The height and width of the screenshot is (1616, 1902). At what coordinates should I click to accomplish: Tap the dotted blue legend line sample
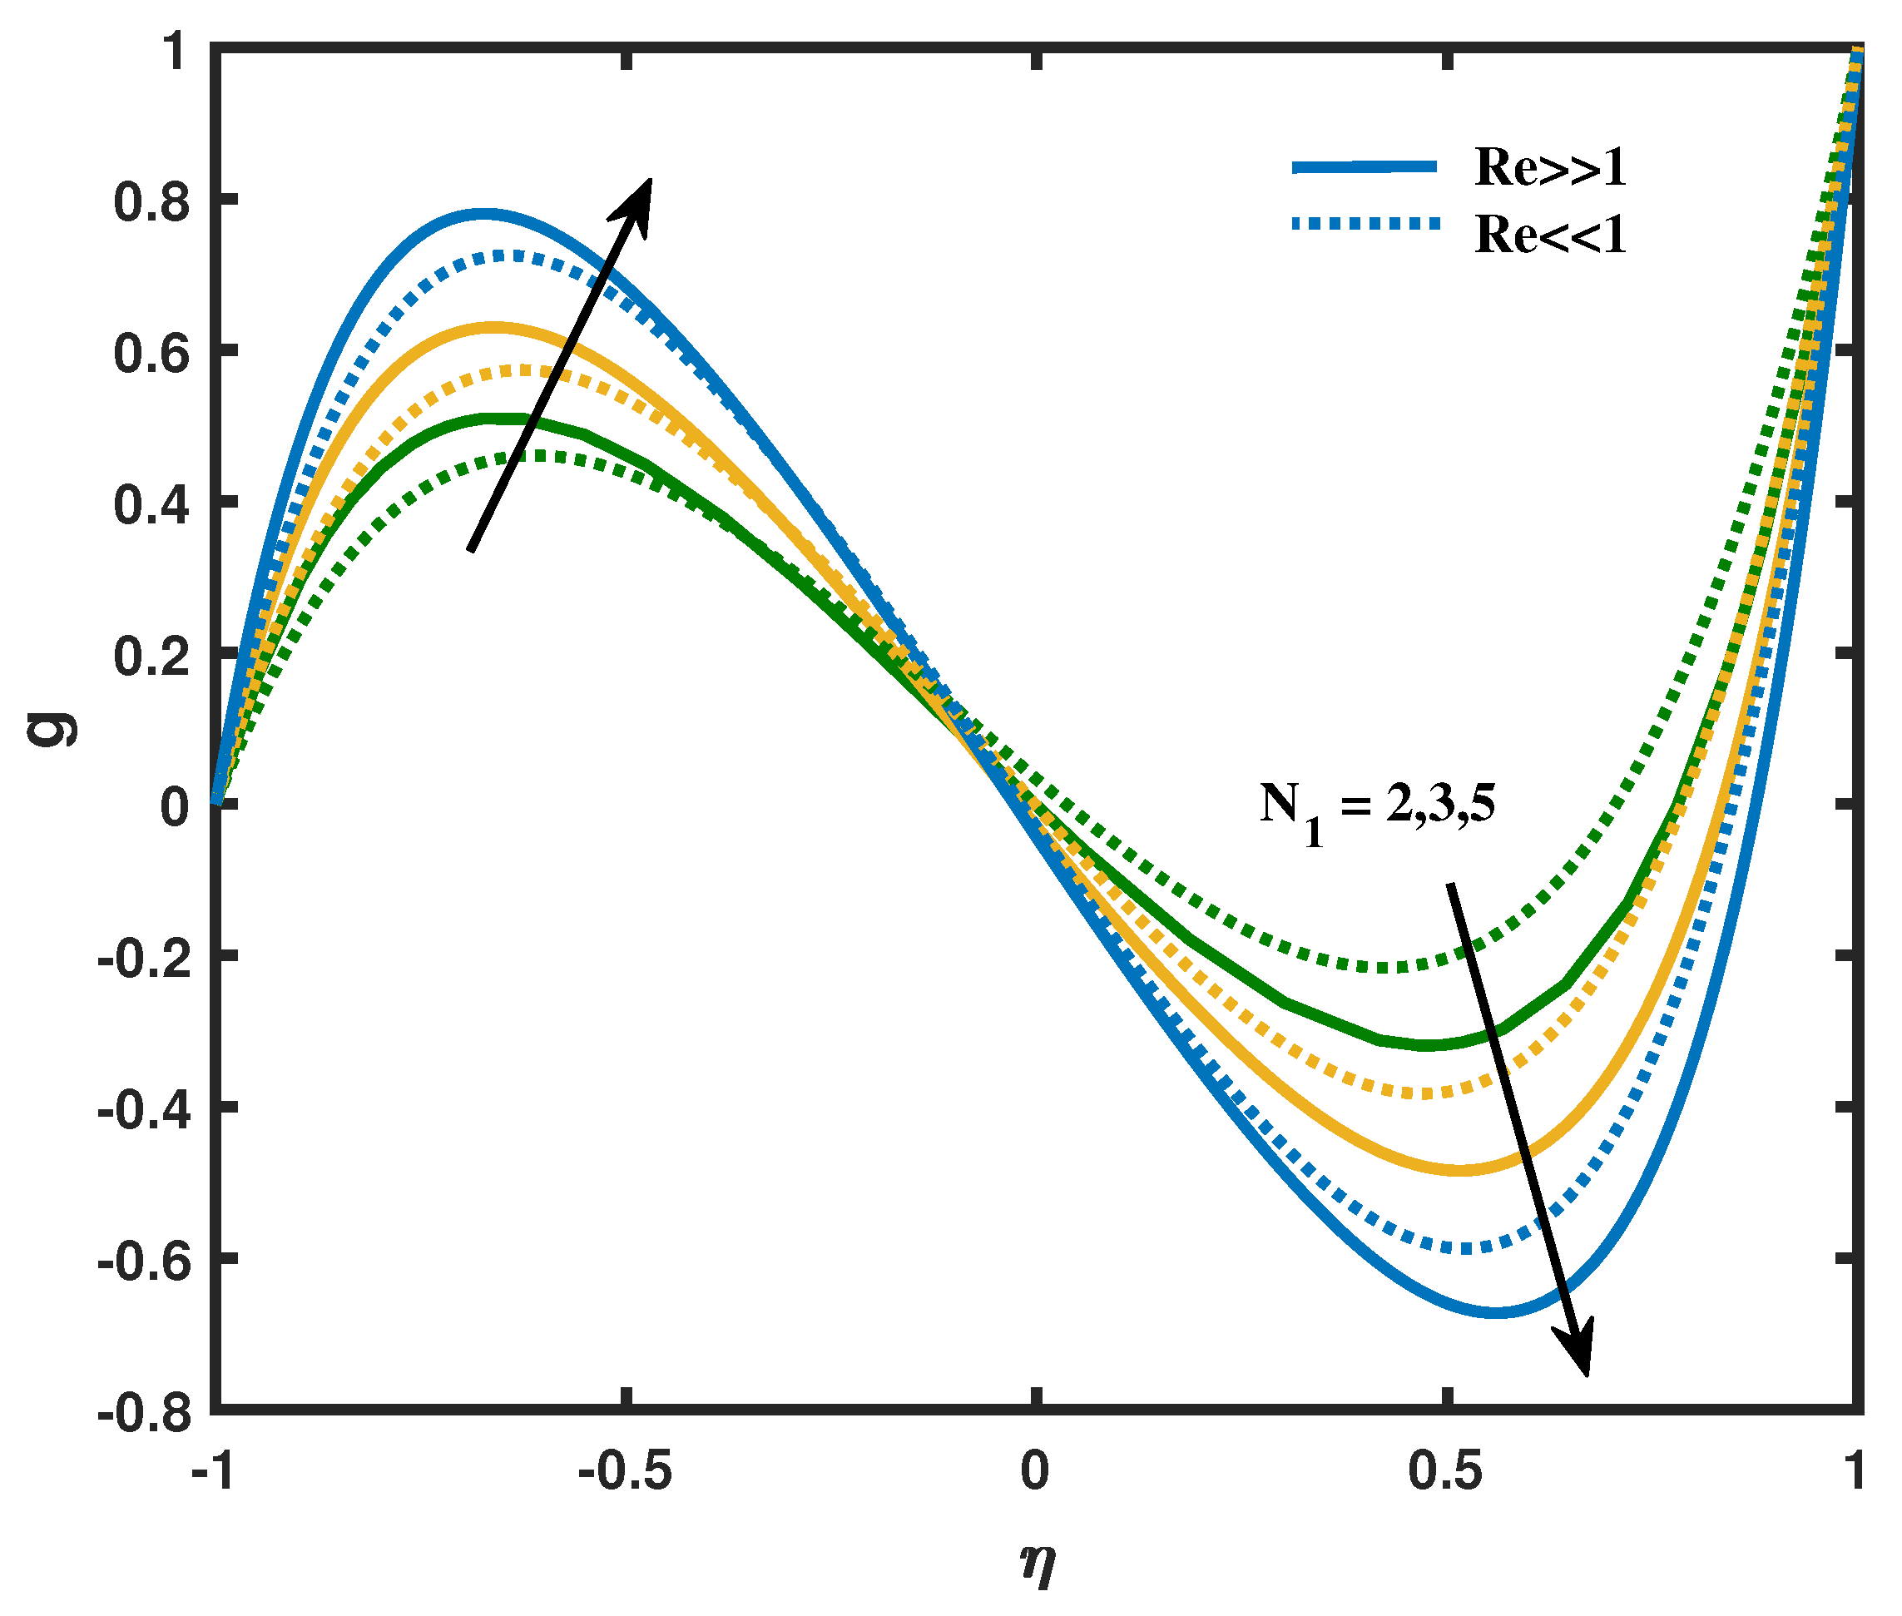click(x=1365, y=223)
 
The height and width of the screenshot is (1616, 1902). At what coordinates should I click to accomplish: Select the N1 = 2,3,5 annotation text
click(x=1375, y=810)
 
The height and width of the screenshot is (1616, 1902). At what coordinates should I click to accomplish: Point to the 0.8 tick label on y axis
click(x=151, y=201)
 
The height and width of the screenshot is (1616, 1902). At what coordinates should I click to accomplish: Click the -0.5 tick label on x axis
click(x=626, y=1473)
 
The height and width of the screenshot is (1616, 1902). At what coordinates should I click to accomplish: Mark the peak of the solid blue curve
click(x=485, y=216)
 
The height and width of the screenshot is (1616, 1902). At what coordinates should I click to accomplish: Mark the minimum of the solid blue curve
click(x=1494, y=1313)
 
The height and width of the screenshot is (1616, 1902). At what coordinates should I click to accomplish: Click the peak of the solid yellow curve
click(x=494, y=326)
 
